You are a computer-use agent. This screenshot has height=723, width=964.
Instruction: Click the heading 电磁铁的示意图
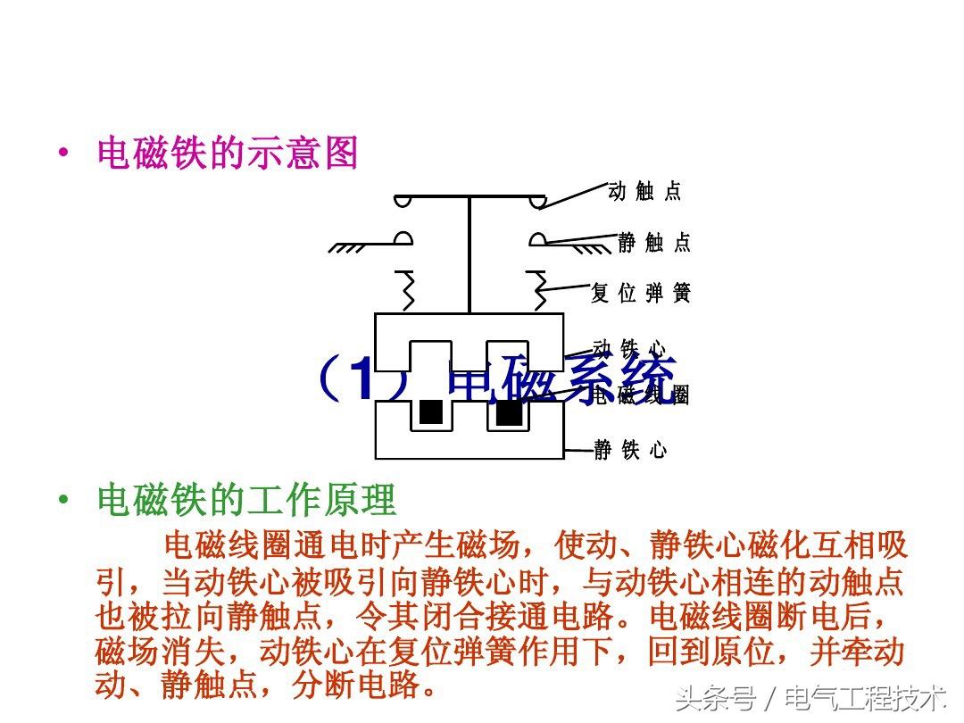(227, 154)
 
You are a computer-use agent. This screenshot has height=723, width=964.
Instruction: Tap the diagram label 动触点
(644, 191)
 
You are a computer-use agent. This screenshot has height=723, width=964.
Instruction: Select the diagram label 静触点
(654, 242)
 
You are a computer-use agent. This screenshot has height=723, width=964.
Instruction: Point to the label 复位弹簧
(641, 293)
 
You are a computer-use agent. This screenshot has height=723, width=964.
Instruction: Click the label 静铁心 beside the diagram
(631, 450)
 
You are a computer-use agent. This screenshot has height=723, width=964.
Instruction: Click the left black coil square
(431, 411)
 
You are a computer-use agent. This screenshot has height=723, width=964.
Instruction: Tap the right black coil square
(508, 411)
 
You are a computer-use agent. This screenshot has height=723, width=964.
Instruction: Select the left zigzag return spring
(409, 291)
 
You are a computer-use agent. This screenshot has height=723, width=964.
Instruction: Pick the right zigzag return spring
(539, 291)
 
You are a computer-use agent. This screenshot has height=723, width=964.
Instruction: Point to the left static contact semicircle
(403, 238)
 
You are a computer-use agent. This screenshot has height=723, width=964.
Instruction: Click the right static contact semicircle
(537, 238)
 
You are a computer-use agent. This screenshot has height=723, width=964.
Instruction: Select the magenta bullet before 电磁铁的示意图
(62, 154)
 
